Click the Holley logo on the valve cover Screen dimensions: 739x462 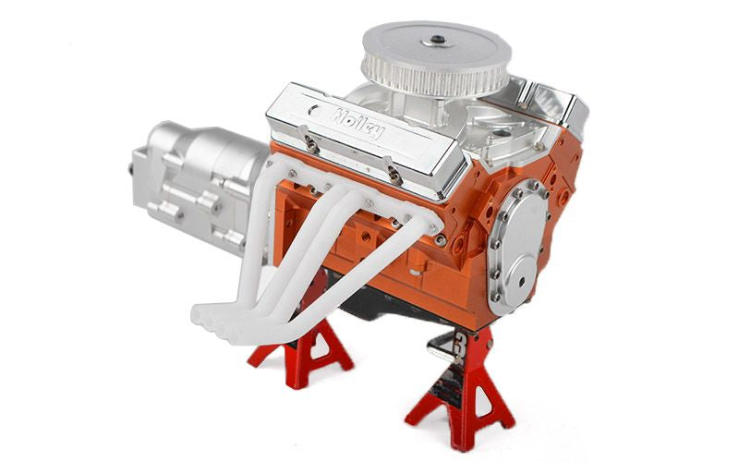click(x=359, y=124)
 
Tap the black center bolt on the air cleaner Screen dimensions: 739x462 click(x=438, y=40)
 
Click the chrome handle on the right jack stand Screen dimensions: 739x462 click(x=441, y=346)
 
